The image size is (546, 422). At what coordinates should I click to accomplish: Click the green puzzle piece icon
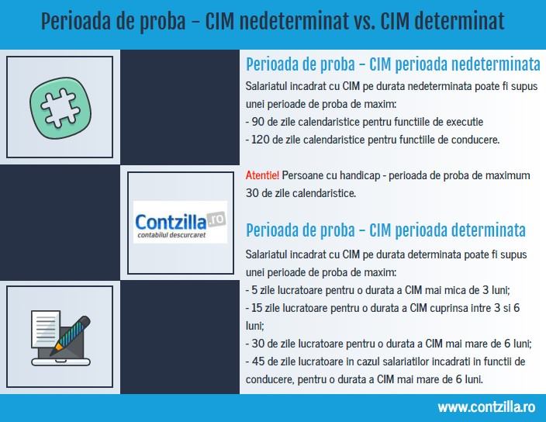[x=60, y=108]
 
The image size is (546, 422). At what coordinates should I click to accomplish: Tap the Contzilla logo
[x=180, y=222]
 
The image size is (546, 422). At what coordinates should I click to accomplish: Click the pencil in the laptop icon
[x=71, y=335]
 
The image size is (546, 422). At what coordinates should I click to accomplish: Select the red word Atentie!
[x=262, y=175]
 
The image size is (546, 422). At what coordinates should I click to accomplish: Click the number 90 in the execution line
[x=257, y=122]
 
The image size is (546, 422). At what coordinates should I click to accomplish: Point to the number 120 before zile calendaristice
[x=260, y=140]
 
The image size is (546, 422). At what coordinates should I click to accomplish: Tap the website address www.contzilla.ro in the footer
[x=486, y=407]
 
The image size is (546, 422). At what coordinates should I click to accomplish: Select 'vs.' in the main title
[x=365, y=21]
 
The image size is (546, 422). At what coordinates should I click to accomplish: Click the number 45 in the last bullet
[x=258, y=361]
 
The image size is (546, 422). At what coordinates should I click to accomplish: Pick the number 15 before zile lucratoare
[x=257, y=308]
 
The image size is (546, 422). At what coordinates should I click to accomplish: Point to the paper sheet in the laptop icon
[x=45, y=329]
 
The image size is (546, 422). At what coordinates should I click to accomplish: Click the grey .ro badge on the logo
[x=216, y=219]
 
